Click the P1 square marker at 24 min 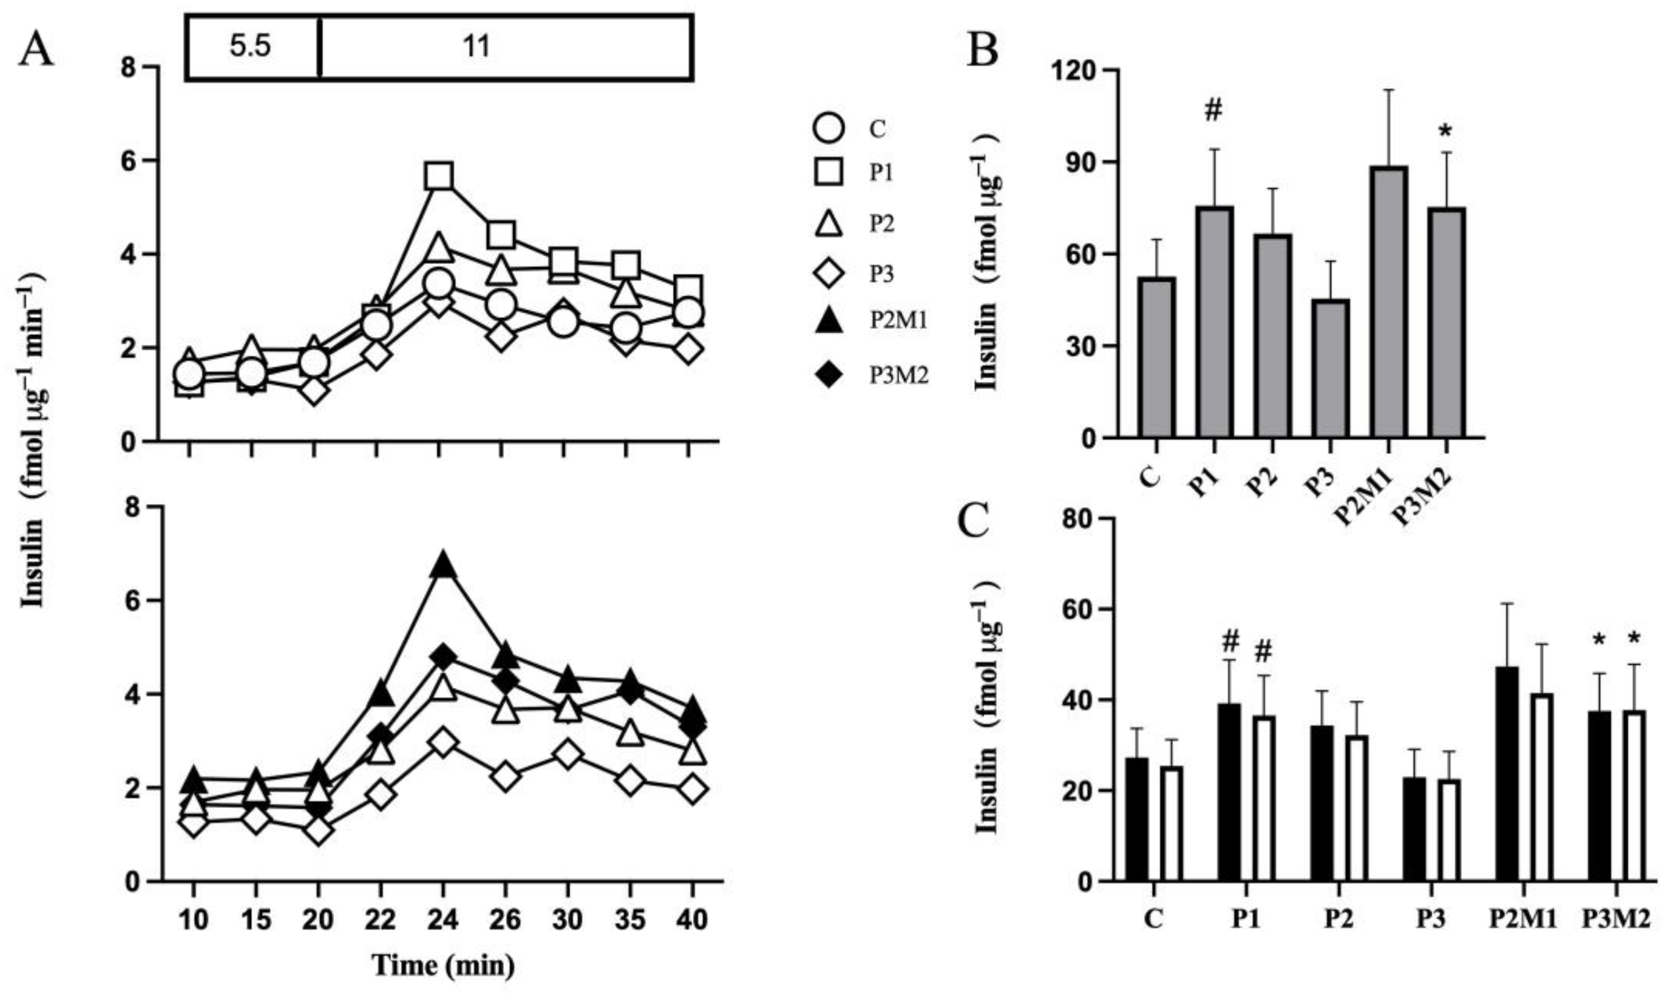pyautogui.click(x=440, y=177)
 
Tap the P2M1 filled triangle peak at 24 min pyautogui.click(x=443, y=566)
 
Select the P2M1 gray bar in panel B pyautogui.click(x=1387, y=302)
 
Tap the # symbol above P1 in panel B pyautogui.click(x=1213, y=111)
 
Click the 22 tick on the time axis pyautogui.click(x=380, y=919)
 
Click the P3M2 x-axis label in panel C pyautogui.click(x=1614, y=919)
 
